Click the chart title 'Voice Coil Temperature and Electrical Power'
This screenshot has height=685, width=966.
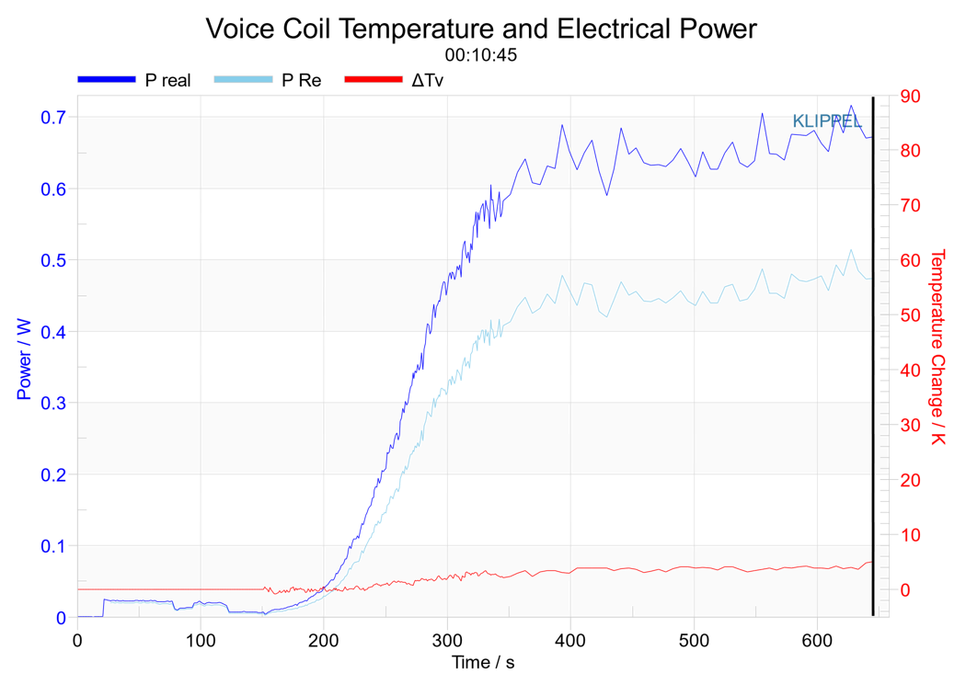click(480, 29)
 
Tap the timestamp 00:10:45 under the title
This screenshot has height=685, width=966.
click(480, 55)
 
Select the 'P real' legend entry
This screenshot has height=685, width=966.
click(134, 80)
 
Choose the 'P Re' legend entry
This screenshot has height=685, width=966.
click(268, 80)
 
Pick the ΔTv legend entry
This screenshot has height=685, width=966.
click(394, 80)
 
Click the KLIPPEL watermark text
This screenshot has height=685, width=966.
click(827, 121)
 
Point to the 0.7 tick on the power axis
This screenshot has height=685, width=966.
click(53, 117)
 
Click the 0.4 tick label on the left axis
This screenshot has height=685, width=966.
click(53, 332)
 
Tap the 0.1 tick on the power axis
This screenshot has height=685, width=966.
click(53, 546)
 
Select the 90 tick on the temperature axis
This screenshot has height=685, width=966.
click(910, 96)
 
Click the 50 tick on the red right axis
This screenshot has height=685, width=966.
click(910, 315)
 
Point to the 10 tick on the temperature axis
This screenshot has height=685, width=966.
click(910, 535)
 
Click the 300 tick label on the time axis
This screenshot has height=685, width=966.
click(447, 641)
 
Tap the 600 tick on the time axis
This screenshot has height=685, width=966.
click(817, 641)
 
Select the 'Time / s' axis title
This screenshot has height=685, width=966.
click(483, 663)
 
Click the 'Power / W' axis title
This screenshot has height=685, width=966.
click(24, 359)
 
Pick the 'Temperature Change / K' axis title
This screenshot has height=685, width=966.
click(937, 347)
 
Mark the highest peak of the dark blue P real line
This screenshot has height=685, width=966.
click(851, 105)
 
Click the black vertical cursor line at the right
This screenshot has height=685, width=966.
click(873, 357)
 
